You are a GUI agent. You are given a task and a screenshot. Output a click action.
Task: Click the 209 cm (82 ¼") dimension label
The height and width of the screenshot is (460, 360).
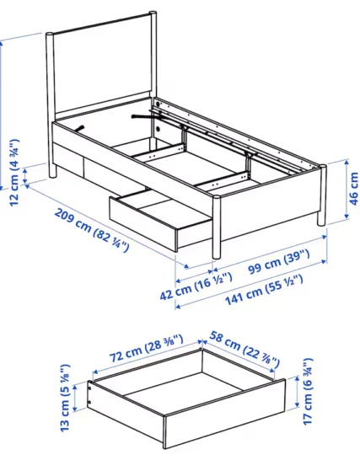click(x=92, y=230)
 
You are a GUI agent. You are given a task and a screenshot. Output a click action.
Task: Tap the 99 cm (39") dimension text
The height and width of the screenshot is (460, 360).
click(x=279, y=261)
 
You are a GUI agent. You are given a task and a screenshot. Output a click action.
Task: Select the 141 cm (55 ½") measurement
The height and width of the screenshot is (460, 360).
click(x=264, y=290)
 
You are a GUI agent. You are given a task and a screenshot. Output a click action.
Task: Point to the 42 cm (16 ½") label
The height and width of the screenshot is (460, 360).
click(x=196, y=286)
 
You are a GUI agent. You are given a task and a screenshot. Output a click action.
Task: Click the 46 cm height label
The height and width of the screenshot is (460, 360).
click(x=353, y=189)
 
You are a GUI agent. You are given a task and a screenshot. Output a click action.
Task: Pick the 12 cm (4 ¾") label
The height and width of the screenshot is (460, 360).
click(x=14, y=172)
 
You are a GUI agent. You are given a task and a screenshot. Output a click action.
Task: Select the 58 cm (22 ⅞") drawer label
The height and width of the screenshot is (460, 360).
click(x=244, y=349)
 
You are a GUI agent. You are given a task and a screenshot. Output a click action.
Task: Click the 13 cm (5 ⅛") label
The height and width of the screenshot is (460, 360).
click(x=65, y=398)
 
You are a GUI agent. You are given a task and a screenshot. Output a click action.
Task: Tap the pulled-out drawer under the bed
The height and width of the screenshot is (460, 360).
click(x=160, y=218)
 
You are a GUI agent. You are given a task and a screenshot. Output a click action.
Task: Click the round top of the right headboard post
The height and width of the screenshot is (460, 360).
click(x=153, y=13)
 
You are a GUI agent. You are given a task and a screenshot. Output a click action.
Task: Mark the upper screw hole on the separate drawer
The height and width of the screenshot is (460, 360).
click(x=89, y=388)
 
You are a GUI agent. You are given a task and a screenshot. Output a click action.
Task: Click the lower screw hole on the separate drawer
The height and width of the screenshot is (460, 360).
click(x=89, y=402)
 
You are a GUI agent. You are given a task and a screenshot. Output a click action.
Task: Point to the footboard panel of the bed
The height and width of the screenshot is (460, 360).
click(x=269, y=202)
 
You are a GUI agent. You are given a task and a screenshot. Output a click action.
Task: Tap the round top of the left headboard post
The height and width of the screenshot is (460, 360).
click(x=50, y=34)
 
